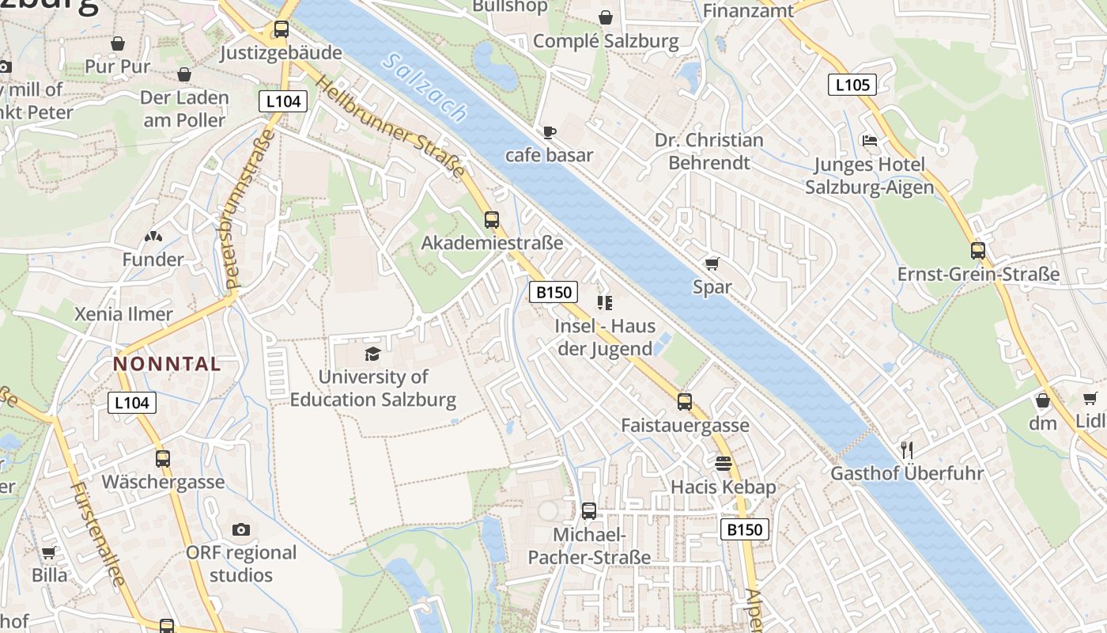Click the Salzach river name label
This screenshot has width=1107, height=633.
[x=424, y=87]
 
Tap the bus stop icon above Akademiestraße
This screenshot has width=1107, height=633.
[x=492, y=220]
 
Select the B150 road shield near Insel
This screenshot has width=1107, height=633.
[x=553, y=292]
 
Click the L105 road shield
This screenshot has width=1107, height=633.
[x=852, y=85]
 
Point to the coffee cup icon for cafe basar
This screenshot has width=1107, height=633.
[x=550, y=132]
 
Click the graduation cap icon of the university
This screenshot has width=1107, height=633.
[x=372, y=354]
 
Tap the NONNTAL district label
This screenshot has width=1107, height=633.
[x=167, y=364]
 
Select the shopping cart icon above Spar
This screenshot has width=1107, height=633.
[x=712, y=263]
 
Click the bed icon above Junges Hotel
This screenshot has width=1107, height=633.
[x=869, y=141]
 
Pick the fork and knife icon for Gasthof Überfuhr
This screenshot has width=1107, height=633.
[x=907, y=450]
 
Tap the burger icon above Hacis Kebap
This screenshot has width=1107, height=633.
[x=723, y=463]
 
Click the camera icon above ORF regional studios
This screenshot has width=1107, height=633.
[x=241, y=529]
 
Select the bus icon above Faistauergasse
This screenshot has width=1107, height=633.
[x=685, y=401]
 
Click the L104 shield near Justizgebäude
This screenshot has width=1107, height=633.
[x=282, y=101]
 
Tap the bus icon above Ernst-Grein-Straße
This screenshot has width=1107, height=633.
[x=978, y=251]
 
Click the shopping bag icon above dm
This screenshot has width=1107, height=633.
[x=1042, y=400]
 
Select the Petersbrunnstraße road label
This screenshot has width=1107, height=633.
[x=246, y=210]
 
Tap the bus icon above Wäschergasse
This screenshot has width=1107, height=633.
[x=163, y=458]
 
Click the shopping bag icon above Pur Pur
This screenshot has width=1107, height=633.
[x=118, y=43]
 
